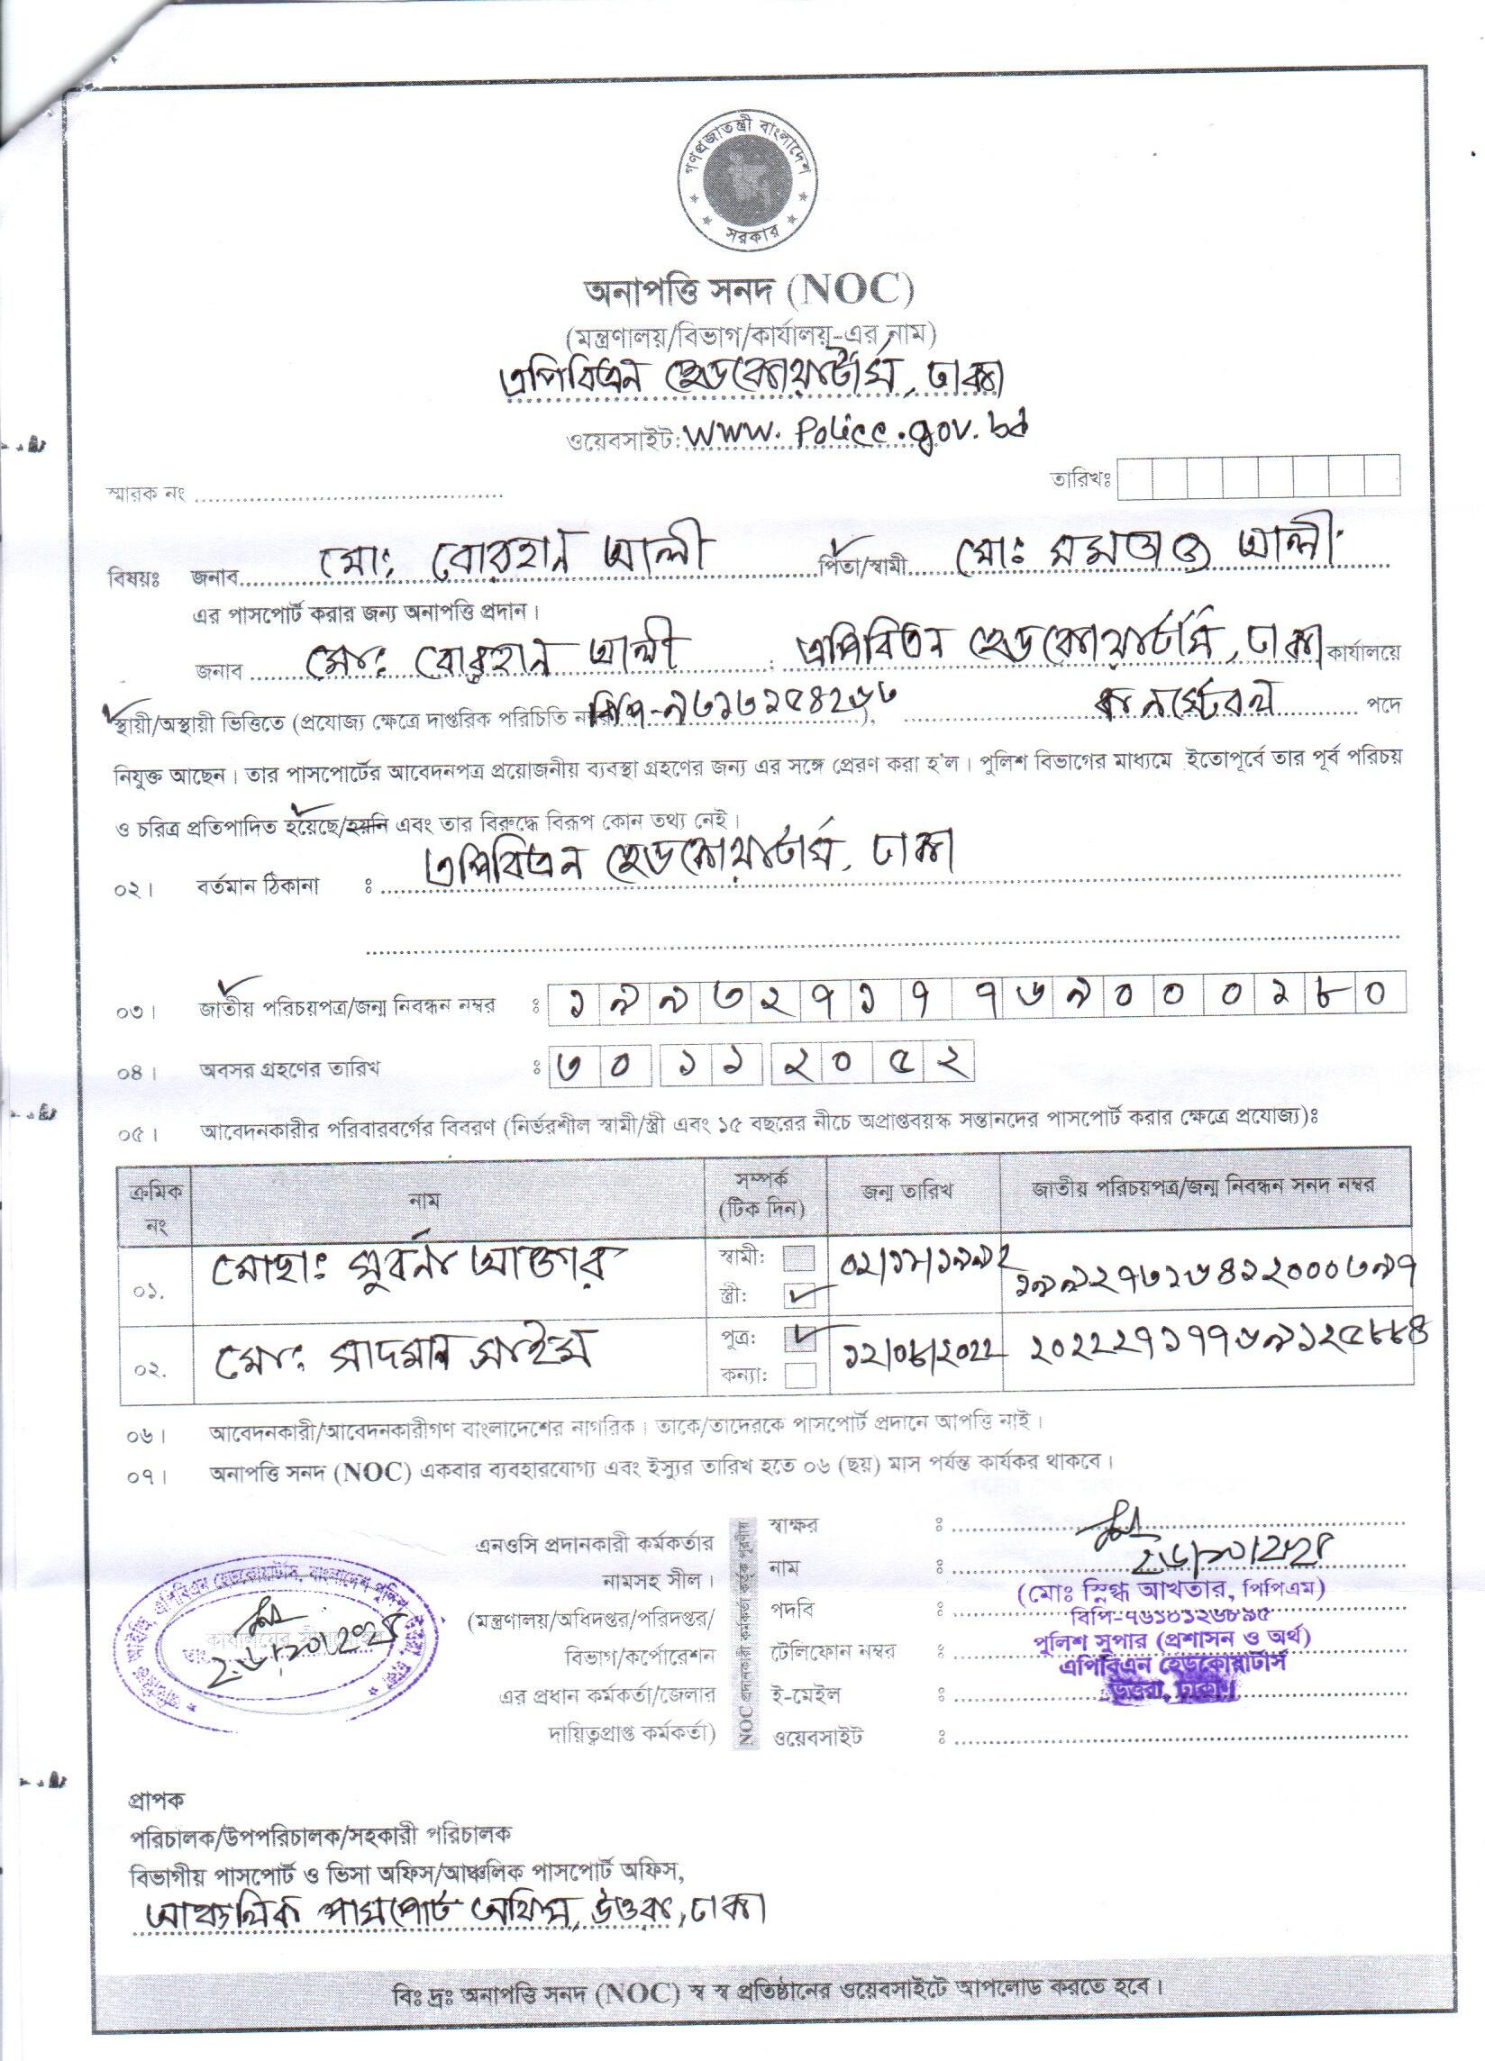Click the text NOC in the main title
(x=854, y=292)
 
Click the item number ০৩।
(x=133, y=1012)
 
